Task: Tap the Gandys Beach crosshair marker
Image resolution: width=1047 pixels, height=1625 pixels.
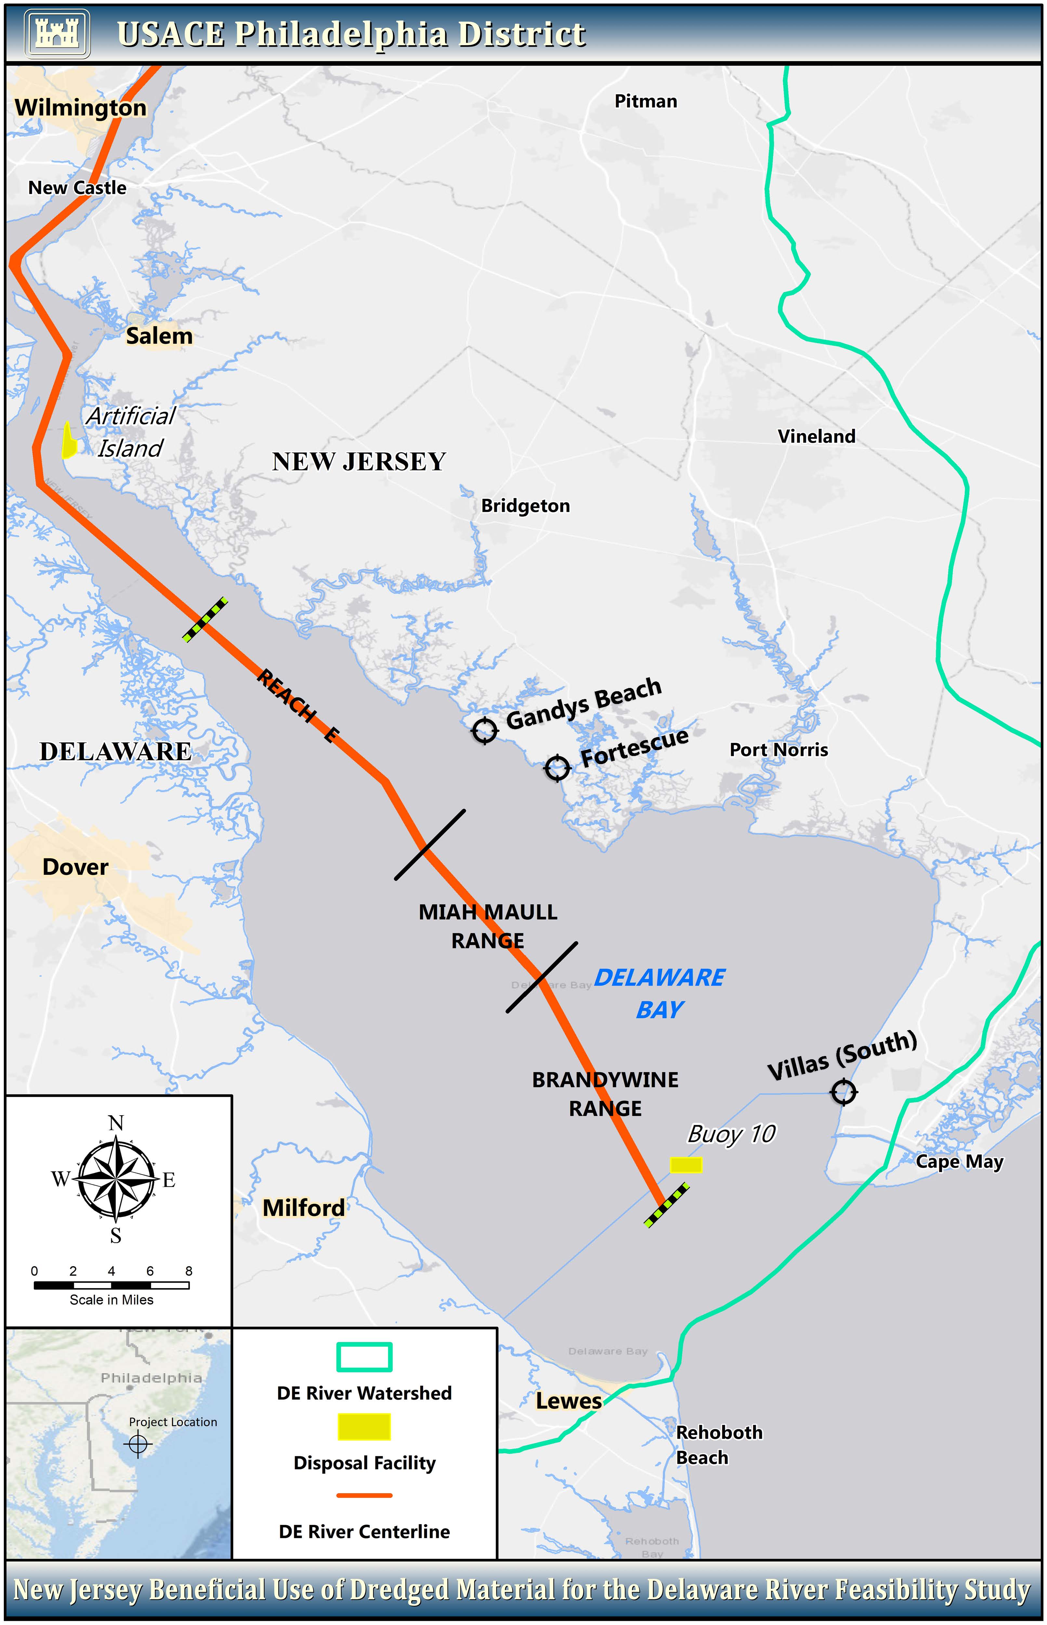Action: pyautogui.click(x=485, y=731)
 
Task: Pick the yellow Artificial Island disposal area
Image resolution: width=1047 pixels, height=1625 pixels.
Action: pyautogui.click(x=68, y=441)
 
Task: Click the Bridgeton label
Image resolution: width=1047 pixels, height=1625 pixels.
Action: pyautogui.click(x=525, y=506)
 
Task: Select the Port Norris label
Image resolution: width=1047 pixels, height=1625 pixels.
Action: pyautogui.click(x=779, y=750)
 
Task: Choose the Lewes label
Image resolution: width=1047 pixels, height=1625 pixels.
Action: pyautogui.click(x=569, y=1401)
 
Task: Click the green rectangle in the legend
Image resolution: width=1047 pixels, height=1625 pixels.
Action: pyautogui.click(x=364, y=1357)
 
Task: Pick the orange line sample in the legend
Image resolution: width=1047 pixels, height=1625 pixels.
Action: pyautogui.click(x=364, y=1495)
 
